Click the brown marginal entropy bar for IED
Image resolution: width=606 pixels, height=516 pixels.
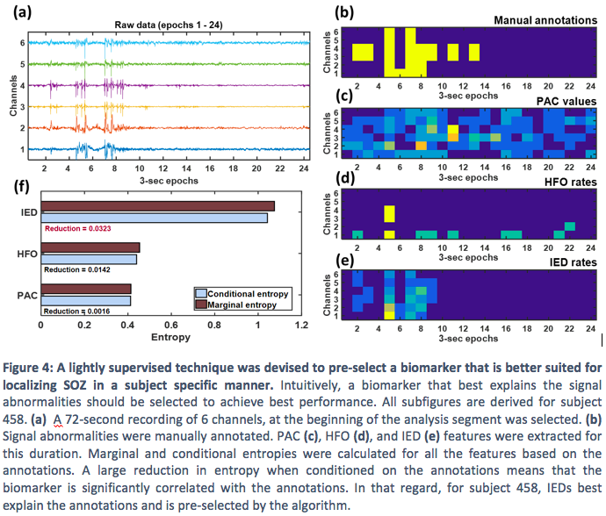click(x=158, y=206)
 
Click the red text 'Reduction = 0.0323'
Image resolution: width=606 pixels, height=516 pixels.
click(x=81, y=228)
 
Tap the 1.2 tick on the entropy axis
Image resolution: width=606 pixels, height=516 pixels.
click(x=301, y=325)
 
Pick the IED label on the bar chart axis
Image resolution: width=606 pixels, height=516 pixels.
click(x=26, y=212)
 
